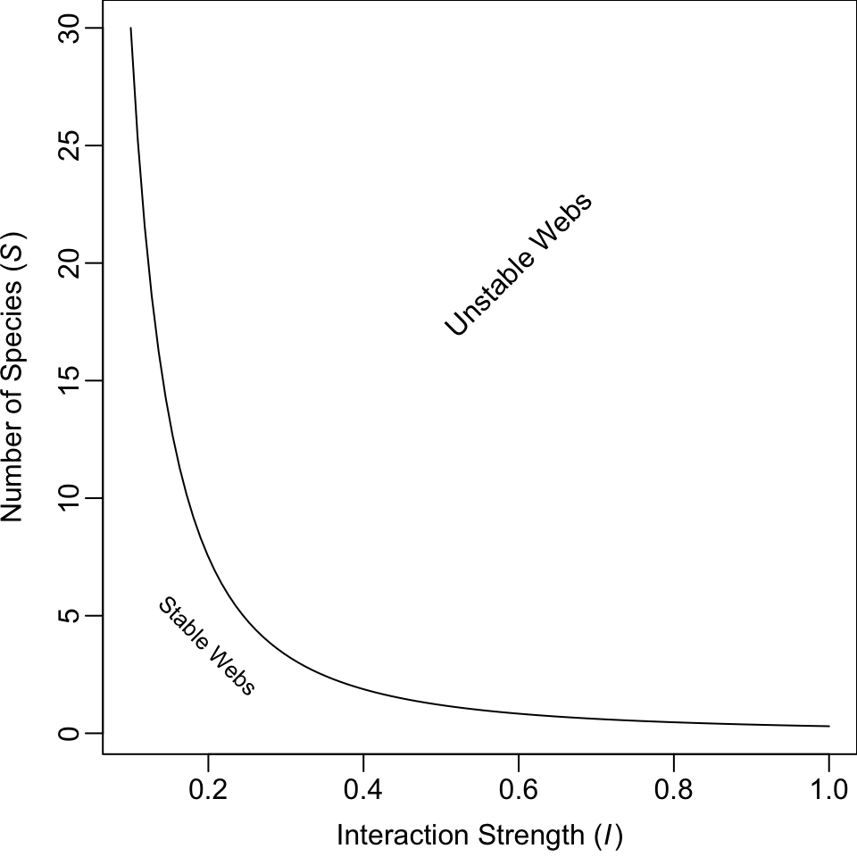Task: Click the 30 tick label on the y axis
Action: [x=69, y=28]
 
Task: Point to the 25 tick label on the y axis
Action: [x=69, y=146]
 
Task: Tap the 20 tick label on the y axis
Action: [x=69, y=262]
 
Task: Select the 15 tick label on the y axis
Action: [x=69, y=380]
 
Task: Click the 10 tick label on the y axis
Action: [x=69, y=498]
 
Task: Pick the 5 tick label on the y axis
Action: [x=69, y=615]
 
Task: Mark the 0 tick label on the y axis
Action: [x=69, y=733]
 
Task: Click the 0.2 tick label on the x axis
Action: [x=208, y=789]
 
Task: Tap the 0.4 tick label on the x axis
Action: [x=363, y=789]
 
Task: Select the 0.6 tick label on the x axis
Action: [x=518, y=789]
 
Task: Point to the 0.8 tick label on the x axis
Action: [x=673, y=789]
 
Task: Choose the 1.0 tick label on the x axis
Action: [x=828, y=789]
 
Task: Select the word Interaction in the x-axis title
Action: [x=404, y=835]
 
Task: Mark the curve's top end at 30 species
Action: [x=130, y=28]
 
